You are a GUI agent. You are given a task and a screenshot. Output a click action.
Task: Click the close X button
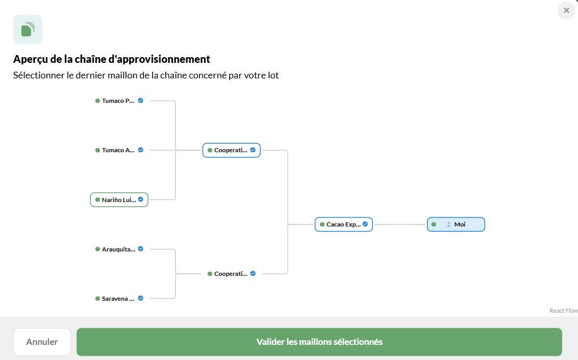566,10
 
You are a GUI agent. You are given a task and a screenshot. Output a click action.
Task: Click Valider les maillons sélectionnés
319,342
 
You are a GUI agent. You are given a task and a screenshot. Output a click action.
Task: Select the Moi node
456,224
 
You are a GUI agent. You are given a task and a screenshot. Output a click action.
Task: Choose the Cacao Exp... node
344,224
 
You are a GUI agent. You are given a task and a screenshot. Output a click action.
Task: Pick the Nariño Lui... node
119,199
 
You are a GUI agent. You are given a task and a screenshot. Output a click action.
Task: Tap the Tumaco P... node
119,101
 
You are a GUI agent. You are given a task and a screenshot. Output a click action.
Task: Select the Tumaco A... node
119,150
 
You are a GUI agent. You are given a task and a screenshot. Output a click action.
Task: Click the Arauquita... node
119,249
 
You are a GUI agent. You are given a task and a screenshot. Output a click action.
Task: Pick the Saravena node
119,298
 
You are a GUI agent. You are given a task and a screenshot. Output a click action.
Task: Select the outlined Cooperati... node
232,150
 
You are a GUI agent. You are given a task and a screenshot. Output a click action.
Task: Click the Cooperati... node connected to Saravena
232,274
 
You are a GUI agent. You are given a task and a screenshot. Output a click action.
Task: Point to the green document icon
28,29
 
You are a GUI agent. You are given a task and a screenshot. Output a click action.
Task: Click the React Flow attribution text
563,311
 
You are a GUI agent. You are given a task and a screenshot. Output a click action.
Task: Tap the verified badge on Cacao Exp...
365,224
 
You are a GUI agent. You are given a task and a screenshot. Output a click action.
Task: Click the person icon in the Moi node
449,224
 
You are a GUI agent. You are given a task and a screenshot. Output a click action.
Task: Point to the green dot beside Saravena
98,298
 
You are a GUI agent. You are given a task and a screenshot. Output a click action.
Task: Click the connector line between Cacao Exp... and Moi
400,224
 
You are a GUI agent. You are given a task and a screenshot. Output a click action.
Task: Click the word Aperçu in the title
33,59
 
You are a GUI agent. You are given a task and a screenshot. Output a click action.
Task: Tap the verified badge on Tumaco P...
140,100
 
